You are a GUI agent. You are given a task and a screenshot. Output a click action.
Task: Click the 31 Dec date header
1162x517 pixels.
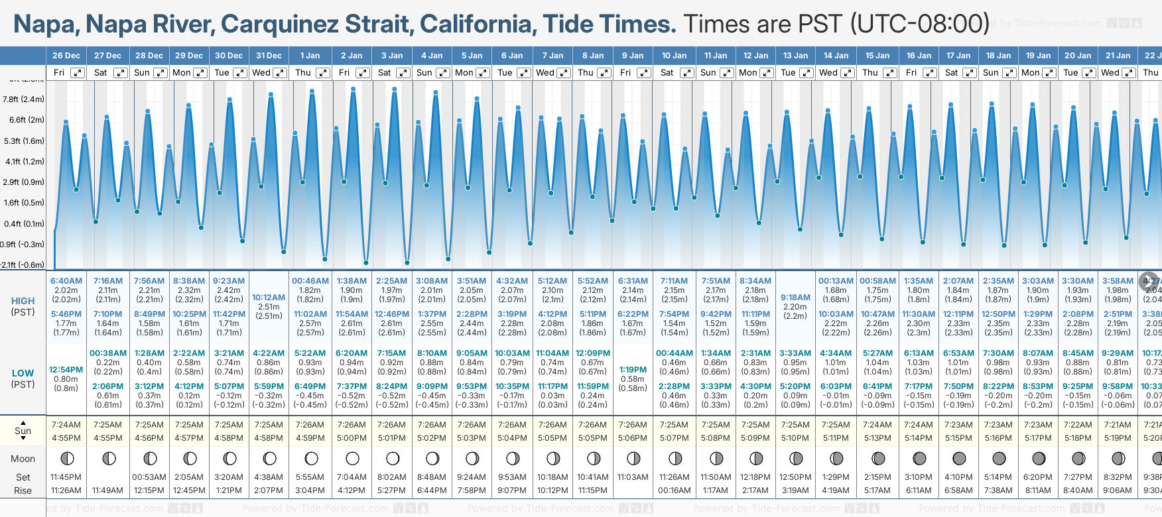pyautogui.click(x=269, y=56)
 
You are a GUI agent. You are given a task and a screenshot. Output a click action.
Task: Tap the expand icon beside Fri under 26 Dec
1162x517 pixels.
pyautogui.click(x=78, y=73)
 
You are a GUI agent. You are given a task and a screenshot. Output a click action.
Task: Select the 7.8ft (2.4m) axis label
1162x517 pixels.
pyautogui.click(x=24, y=99)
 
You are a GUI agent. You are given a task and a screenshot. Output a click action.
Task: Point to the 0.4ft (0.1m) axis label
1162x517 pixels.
pyautogui.click(x=24, y=224)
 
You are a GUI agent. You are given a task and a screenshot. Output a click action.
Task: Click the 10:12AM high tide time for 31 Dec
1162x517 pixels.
pyautogui.click(x=269, y=298)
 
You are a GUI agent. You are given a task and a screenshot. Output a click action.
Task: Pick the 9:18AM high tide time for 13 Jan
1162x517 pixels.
pyautogui.click(x=795, y=298)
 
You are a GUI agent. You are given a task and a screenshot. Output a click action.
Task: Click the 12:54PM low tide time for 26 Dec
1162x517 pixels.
pyautogui.click(x=66, y=370)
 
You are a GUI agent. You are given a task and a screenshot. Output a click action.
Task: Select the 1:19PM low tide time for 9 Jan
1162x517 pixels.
pyautogui.click(x=633, y=370)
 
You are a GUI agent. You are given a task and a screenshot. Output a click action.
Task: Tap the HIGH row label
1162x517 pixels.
pyautogui.click(x=23, y=301)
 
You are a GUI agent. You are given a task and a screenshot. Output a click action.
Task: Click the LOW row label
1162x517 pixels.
pyautogui.click(x=23, y=373)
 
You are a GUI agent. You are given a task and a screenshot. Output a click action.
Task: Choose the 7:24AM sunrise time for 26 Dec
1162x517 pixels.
pyautogui.click(x=66, y=425)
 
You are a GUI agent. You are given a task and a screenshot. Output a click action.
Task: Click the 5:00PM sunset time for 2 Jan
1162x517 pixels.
pyautogui.click(x=352, y=438)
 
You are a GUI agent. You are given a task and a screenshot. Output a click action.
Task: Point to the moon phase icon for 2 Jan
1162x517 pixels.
pyautogui.click(x=352, y=458)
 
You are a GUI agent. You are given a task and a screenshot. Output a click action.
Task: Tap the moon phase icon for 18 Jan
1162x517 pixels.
pyautogui.click(x=998, y=458)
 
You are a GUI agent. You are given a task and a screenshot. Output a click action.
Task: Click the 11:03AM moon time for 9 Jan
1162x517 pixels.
pyautogui.click(x=633, y=477)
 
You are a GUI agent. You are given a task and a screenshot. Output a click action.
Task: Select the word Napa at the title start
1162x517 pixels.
pyautogui.click(x=45, y=25)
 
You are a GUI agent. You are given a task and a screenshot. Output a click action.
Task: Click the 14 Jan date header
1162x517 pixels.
pyautogui.click(x=836, y=56)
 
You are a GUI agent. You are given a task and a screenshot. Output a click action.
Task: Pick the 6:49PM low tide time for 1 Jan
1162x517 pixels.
pyautogui.click(x=310, y=386)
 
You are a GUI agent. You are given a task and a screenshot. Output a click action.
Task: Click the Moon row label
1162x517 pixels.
pyautogui.click(x=23, y=459)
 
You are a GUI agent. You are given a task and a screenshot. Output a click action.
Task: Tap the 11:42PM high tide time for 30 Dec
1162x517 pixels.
pyautogui.click(x=229, y=314)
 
